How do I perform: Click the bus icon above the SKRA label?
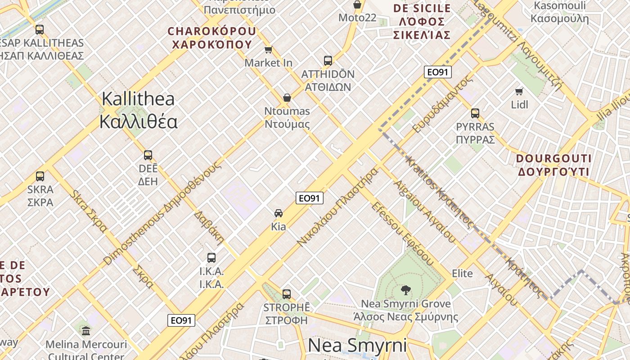click(40, 176)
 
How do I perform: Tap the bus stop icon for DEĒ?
click(148, 155)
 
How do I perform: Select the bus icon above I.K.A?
click(211, 258)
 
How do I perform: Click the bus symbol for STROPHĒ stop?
click(287, 294)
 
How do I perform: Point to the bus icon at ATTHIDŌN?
click(328, 60)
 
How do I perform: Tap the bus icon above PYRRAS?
click(475, 113)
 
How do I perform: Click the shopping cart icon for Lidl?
click(519, 91)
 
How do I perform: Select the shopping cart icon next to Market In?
click(269, 49)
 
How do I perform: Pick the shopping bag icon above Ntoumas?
click(287, 98)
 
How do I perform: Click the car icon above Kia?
click(279, 213)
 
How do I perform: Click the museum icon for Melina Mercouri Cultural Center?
click(86, 331)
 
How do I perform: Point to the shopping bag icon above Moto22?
click(357, 4)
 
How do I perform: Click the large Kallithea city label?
click(139, 110)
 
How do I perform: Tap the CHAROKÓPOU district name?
click(211, 38)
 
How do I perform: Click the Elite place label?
click(462, 274)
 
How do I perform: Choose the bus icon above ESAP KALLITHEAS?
click(40, 30)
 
